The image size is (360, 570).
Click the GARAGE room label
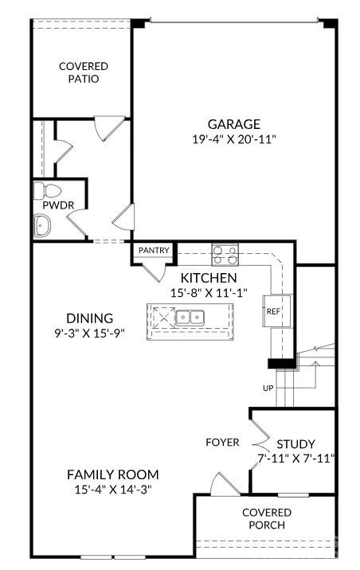(x=234, y=124)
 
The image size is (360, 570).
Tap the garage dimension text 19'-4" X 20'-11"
(x=234, y=139)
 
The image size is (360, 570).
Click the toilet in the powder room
(x=49, y=191)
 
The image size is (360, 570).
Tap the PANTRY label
(x=154, y=251)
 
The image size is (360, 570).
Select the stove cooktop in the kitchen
(x=225, y=256)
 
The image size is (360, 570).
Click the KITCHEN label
(x=209, y=278)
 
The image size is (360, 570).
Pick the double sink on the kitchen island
(x=189, y=318)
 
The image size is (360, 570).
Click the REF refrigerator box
(x=273, y=311)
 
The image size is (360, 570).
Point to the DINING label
(x=90, y=318)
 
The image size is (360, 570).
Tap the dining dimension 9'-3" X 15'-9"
(x=90, y=332)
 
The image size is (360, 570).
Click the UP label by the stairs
(x=268, y=388)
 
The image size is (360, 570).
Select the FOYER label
(x=222, y=442)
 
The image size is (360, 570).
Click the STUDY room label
(x=295, y=443)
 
